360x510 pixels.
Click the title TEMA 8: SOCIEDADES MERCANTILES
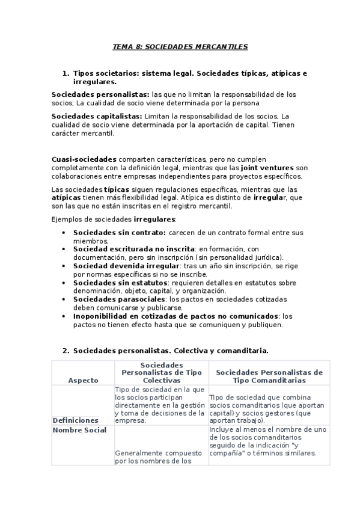(180, 46)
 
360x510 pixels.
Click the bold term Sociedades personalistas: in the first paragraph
(100, 94)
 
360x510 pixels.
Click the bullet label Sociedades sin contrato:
(119, 232)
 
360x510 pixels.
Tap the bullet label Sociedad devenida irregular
(126, 266)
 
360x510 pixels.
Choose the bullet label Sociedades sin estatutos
(119, 283)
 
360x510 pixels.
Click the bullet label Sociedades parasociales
(119, 300)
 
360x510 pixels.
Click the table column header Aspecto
(82, 380)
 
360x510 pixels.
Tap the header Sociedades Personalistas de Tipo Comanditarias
(269, 376)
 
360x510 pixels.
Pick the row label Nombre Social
(79, 430)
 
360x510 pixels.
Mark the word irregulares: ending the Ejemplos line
(155, 220)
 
